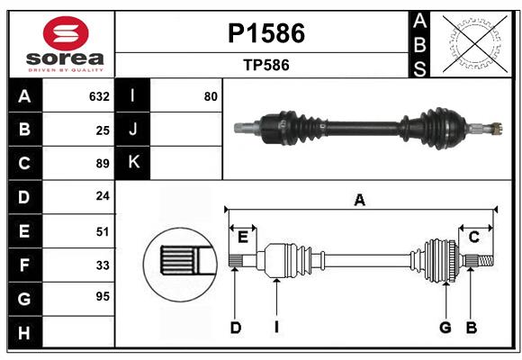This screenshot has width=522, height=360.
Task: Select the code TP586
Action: point(265,65)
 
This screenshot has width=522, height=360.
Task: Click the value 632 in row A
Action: point(99,96)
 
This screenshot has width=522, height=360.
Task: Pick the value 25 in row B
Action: point(103,130)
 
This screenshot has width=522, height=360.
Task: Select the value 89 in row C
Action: point(103,164)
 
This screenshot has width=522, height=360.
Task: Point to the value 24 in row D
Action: point(103,195)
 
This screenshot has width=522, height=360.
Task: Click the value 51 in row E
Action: point(103,230)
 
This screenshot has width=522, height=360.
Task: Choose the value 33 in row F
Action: point(103,265)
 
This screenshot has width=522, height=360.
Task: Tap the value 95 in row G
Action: point(103,296)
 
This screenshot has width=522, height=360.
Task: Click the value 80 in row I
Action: point(211,96)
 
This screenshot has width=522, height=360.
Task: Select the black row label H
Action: point(24,333)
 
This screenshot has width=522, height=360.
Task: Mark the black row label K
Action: point(133,163)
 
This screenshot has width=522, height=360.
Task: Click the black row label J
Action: point(133,130)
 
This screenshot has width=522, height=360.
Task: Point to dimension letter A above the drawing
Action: point(359,201)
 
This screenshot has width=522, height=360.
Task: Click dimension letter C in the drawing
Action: point(473,237)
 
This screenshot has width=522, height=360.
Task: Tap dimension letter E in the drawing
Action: point(243,237)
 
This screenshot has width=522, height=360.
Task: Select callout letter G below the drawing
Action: point(445,328)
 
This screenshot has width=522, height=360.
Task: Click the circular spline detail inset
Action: point(177,263)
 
